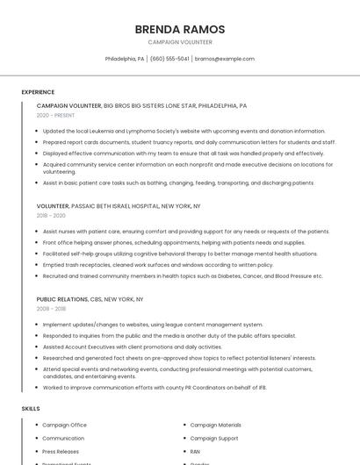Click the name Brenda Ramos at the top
pyautogui.click(x=180, y=30)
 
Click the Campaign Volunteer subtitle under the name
pyautogui.click(x=180, y=42)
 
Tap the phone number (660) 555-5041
pyautogui.click(x=169, y=59)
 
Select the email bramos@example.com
pyautogui.click(x=225, y=59)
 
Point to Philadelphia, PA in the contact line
pyautogui.click(x=125, y=59)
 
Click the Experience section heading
pyautogui.click(x=38, y=92)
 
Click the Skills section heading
pyautogui.click(x=31, y=409)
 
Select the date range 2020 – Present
pyautogui.click(x=55, y=115)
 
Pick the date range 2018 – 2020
pyautogui.click(x=51, y=215)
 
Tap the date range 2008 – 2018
pyautogui.click(x=51, y=309)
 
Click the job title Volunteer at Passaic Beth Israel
pyautogui.click(x=53, y=206)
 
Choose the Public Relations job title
pyautogui.click(x=62, y=299)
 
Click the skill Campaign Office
pyautogui.click(x=65, y=425)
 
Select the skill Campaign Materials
pyautogui.click(x=215, y=425)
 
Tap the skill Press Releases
pyautogui.click(x=61, y=451)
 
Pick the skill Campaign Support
pyautogui.click(x=214, y=438)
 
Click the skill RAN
pyautogui.click(x=195, y=451)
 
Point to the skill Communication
pyautogui.click(x=63, y=438)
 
